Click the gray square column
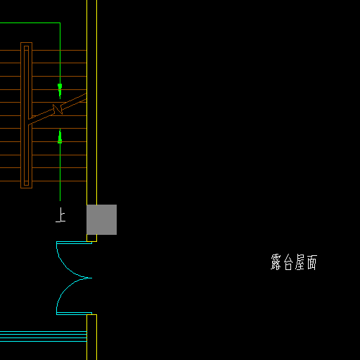click(x=101, y=219)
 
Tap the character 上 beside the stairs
click(x=60, y=214)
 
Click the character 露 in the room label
click(x=276, y=262)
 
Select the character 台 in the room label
click(x=288, y=262)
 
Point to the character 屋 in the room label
click(x=300, y=262)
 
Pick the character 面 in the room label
click(x=312, y=262)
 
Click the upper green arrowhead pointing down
click(x=60, y=91)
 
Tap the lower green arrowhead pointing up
click(x=60, y=136)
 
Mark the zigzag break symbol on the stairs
click(x=58, y=109)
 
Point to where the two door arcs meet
click(x=91, y=278)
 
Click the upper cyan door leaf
click(x=74, y=243)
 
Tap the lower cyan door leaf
click(x=74, y=314)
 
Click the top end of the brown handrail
click(x=26, y=43)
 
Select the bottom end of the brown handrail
click(x=26, y=188)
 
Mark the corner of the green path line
click(x=60, y=23)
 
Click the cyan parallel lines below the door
click(x=44, y=336)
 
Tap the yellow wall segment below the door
click(x=91, y=337)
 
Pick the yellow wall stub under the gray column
click(x=91, y=238)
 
